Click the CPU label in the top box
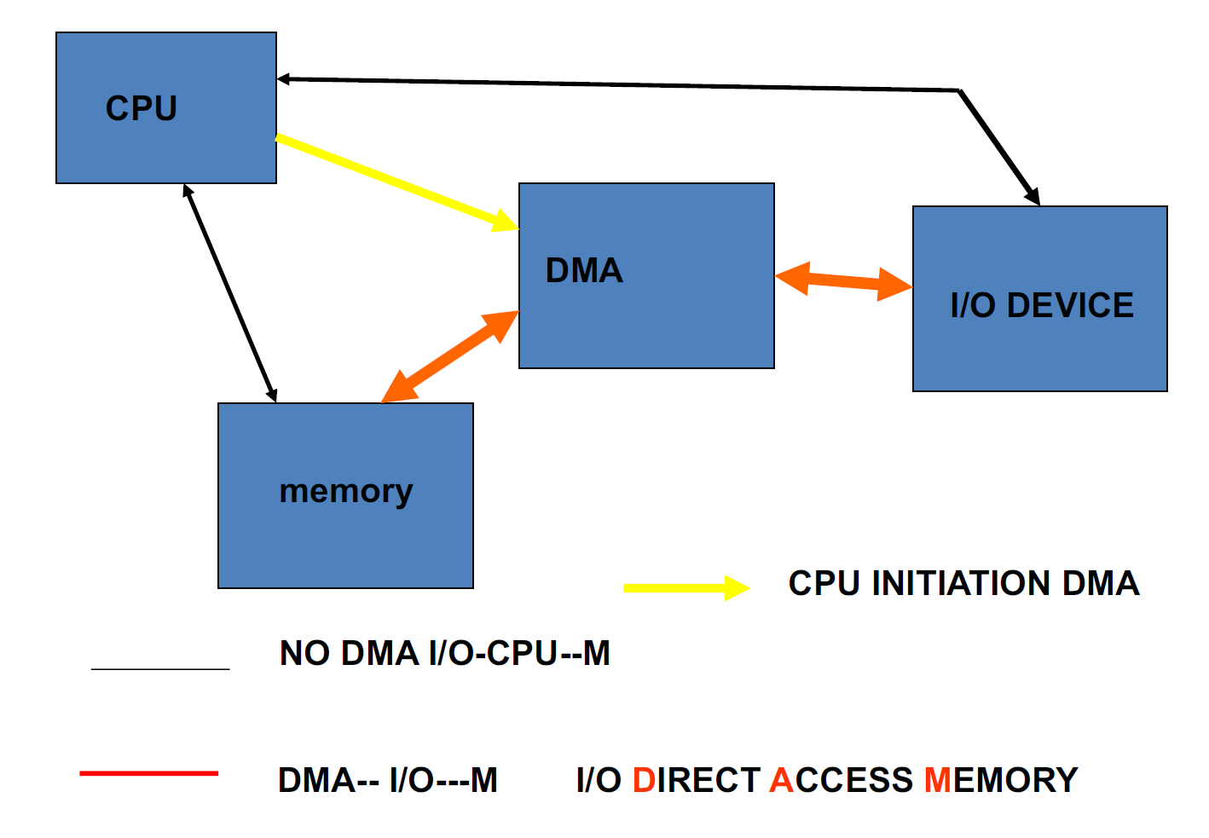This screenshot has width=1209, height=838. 142,108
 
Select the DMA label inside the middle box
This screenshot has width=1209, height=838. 584,271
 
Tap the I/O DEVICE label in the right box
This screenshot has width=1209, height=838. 1042,305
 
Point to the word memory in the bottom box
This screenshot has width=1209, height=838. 346,491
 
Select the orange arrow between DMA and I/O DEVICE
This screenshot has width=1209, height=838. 843,280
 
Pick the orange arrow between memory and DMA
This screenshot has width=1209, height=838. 449,356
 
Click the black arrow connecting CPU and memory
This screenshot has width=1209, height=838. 230,293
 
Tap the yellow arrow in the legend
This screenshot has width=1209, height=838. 685,587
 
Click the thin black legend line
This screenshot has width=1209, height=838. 160,669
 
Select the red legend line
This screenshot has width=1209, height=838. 148,773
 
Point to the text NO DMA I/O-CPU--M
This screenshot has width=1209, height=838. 445,654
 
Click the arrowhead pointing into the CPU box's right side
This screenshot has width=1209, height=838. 284,79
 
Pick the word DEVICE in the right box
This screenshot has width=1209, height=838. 1071,305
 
